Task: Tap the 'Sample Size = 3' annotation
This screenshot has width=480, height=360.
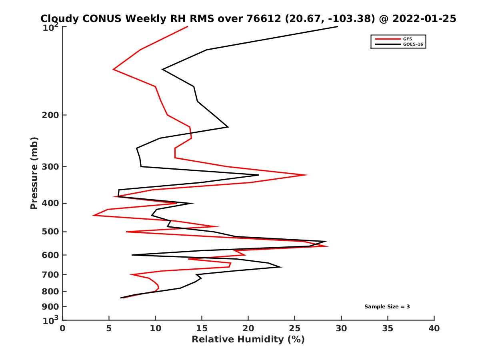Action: (x=387, y=307)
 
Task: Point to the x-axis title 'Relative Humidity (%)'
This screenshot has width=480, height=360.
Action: (x=248, y=340)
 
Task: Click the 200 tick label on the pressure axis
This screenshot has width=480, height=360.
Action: (x=51, y=115)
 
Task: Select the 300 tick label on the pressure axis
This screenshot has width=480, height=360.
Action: (x=51, y=166)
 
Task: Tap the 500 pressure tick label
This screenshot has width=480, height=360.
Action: (x=51, y=232)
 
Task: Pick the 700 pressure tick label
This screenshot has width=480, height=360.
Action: (x=51, y=274)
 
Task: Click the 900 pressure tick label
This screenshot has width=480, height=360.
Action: (x=51, y=307)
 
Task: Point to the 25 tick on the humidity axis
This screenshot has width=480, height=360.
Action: (x=295, y=328)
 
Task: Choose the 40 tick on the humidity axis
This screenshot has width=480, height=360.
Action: (x=434, y=328)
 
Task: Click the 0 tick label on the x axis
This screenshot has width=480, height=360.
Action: (x=63, y=328)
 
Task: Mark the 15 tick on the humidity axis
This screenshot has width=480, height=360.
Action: (x=202, y=328)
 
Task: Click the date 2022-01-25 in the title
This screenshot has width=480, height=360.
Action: (x=424, y=19)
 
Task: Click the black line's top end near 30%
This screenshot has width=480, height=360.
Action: (x=337, y=27)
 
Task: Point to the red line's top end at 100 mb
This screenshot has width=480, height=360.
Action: (x=188, y=27)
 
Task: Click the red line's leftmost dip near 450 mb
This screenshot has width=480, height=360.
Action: (x=94, y=216)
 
